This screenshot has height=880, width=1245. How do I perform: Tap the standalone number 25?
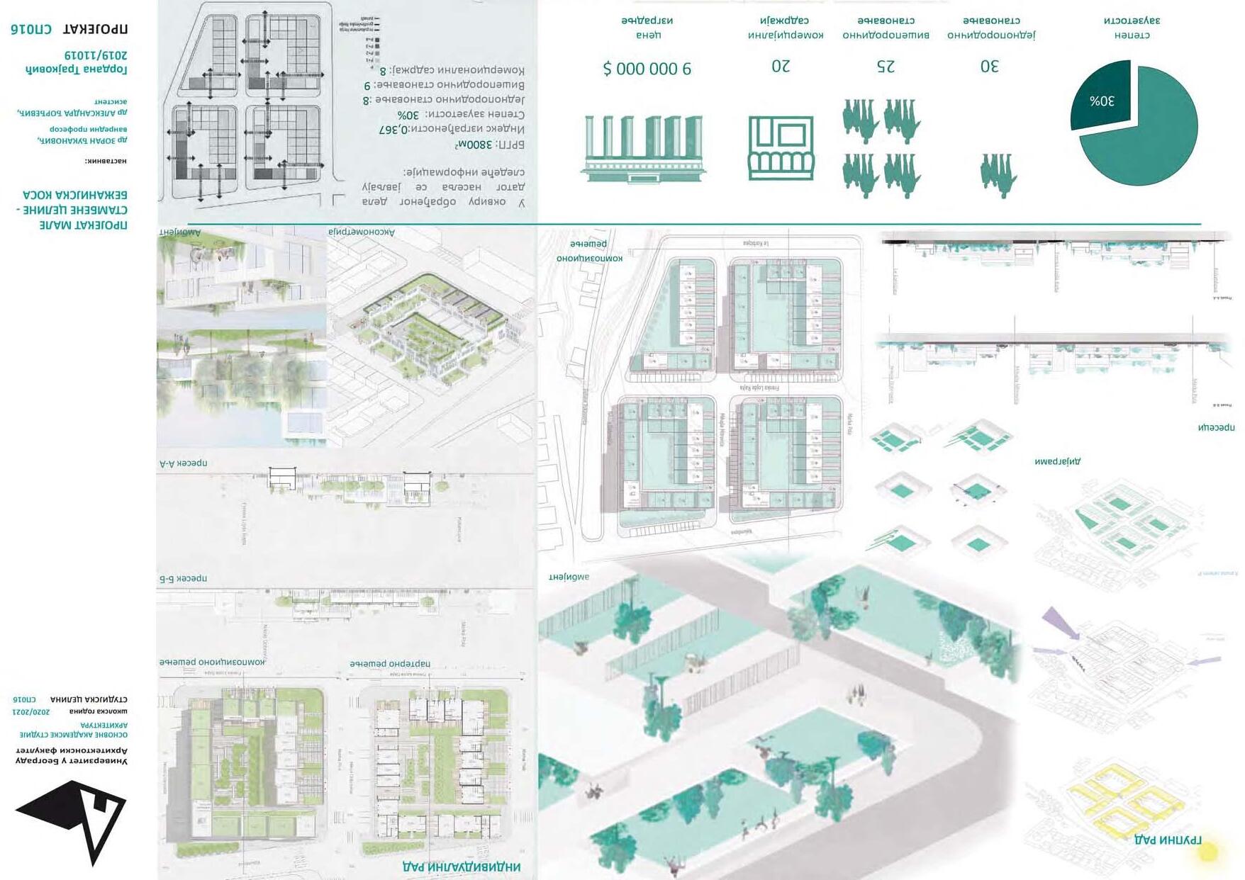point(886,67)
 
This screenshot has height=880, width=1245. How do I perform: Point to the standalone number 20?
point(781,66)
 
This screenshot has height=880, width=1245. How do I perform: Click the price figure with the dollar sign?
point(647,69)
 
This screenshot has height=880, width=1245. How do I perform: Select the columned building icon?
point(643,148)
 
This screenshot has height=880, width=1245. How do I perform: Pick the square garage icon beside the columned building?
point(781,148)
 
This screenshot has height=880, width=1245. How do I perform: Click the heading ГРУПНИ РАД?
point(1168,840)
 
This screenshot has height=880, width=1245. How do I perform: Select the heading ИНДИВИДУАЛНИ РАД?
point(462,867)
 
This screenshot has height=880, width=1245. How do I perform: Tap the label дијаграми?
point(1057,461)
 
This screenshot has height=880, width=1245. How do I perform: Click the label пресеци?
point(1216,427)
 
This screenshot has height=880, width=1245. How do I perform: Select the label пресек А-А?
point(183,463)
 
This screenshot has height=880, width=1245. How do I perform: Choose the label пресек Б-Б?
point(183,578)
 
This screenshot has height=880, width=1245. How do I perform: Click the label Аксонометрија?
point(362,232)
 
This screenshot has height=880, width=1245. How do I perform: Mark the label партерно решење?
point(389,664)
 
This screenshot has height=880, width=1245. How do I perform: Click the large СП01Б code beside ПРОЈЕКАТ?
point(31,29)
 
